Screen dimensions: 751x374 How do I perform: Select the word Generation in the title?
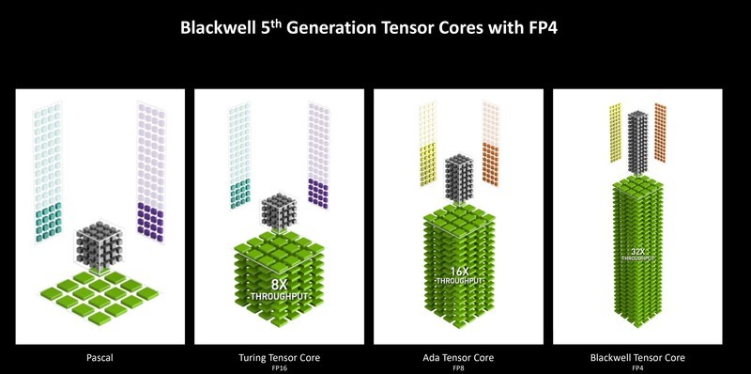click(x=345, y=28)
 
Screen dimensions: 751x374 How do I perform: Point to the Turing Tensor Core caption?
click(x=277, y=357)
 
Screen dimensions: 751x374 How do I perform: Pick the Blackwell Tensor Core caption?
click(x=638, y=357)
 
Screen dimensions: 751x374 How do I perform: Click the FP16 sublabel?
click(x=277, y=367)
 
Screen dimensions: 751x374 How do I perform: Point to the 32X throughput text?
click(x=638, y=254)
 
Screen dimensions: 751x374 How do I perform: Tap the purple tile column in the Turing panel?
click(x=318, y=150)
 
